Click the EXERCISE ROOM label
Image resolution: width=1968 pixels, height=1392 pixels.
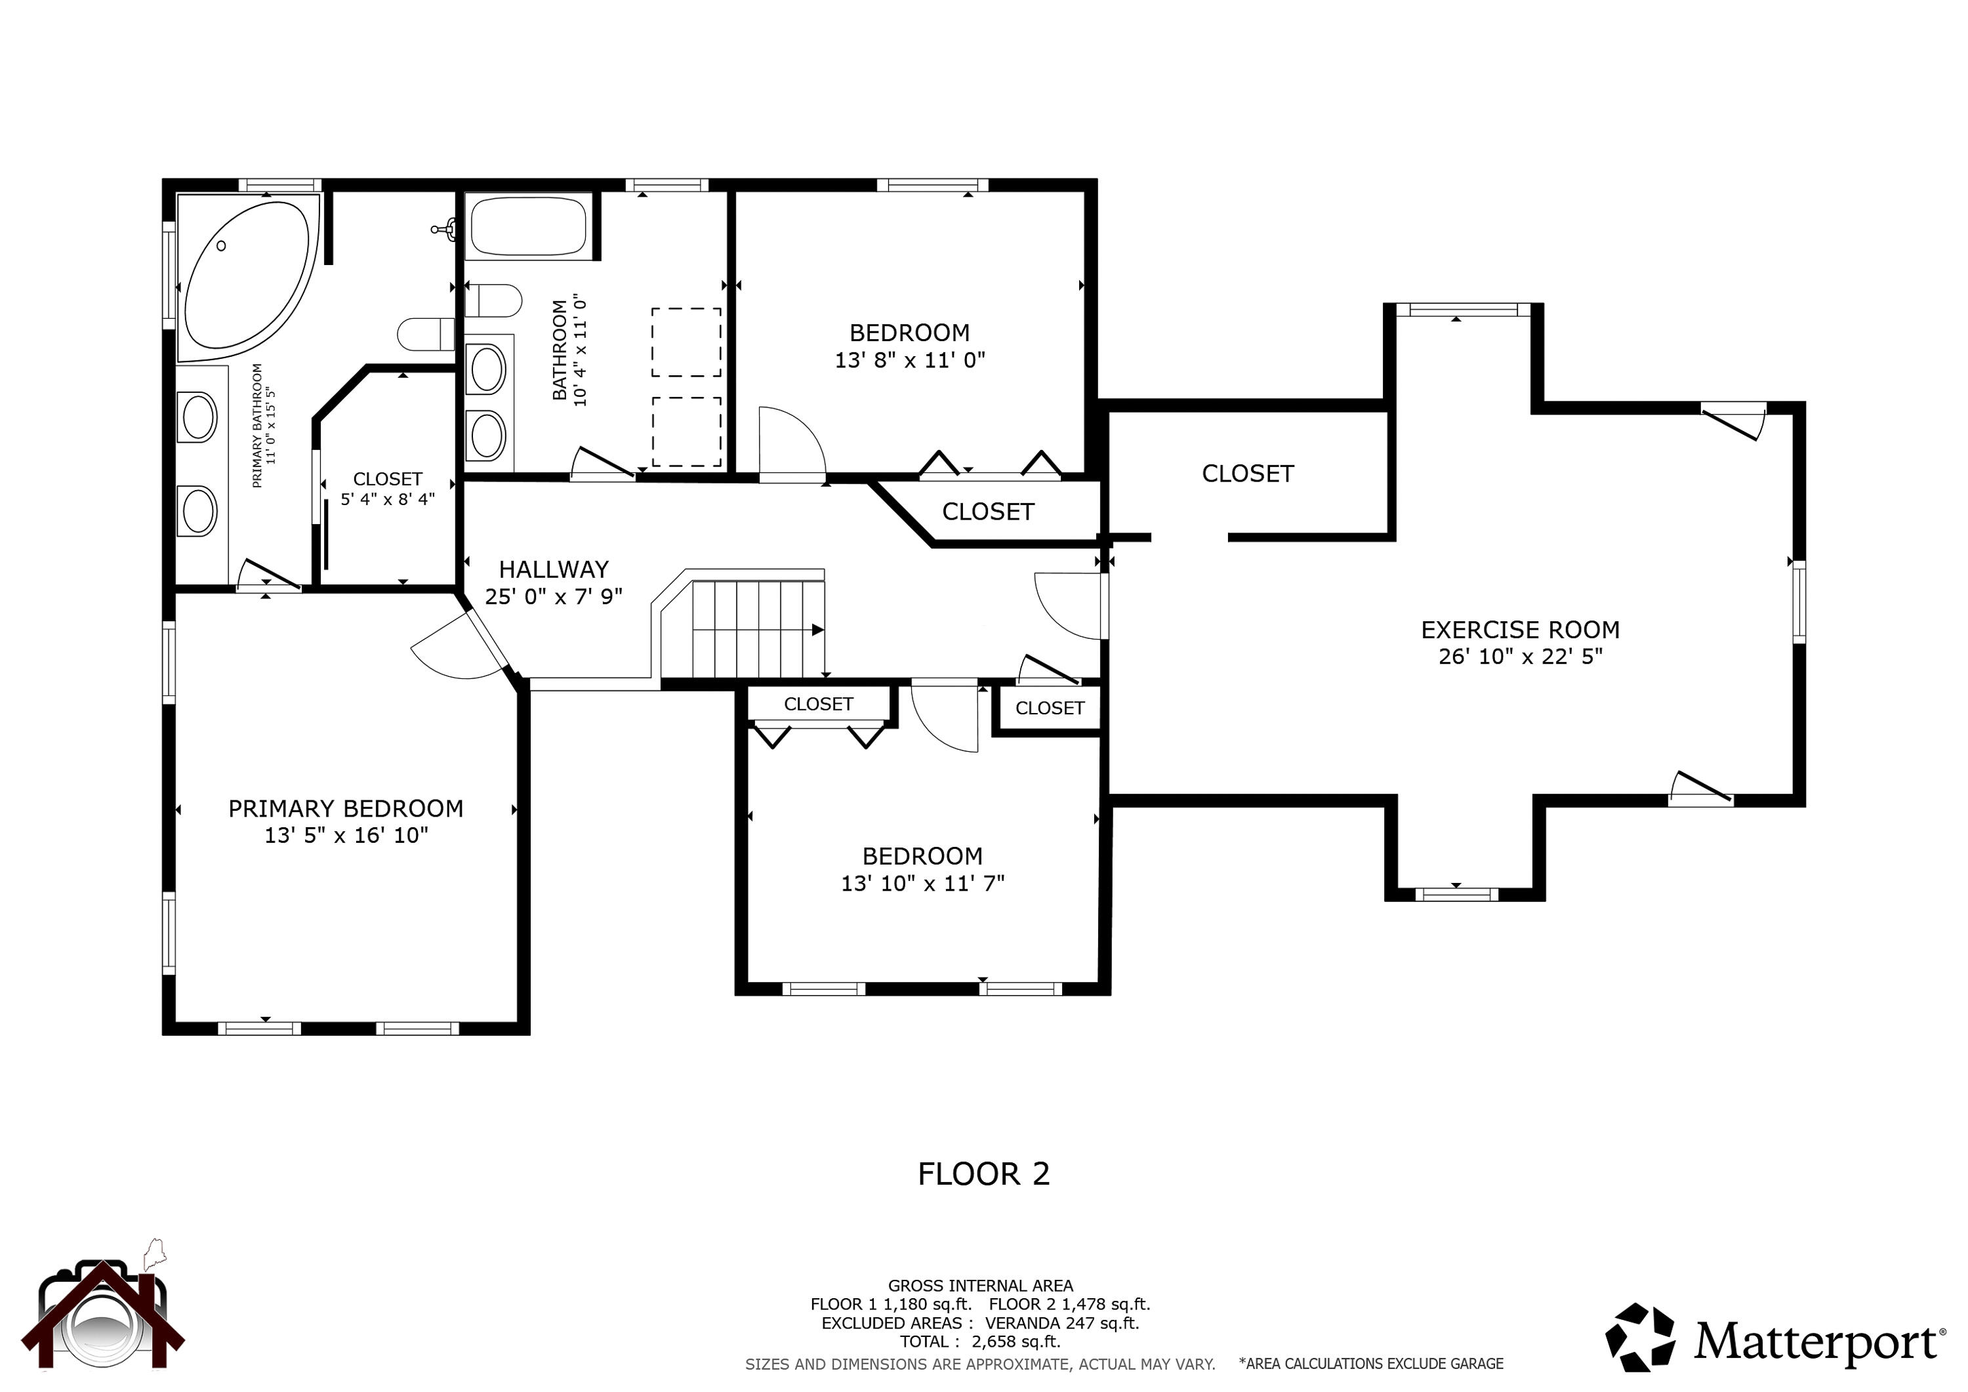[1520, 630]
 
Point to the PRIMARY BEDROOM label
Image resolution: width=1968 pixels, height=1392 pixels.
[346, 808]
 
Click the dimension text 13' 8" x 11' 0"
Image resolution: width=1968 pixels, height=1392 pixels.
[909, 360]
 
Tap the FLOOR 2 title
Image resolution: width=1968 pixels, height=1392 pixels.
[983, 1174]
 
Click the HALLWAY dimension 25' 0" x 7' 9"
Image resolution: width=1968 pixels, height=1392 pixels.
[553, 596]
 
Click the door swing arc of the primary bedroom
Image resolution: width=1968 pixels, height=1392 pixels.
[455, 651]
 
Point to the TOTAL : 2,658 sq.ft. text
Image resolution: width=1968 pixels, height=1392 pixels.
[979, 1341]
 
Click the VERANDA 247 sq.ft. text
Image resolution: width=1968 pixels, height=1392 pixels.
[1062, 1322]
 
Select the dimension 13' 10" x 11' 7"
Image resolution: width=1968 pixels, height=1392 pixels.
[922, 883]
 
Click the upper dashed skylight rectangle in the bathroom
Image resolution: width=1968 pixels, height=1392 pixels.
[686, 342]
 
